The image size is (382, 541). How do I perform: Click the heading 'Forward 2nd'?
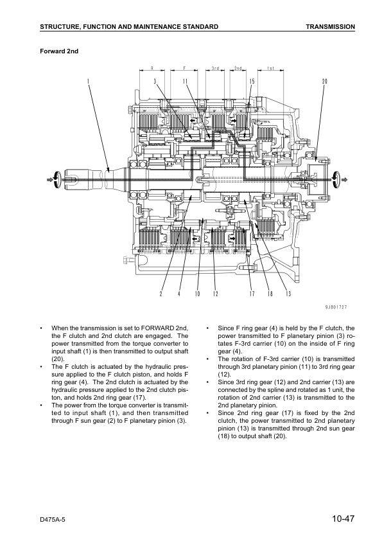59,51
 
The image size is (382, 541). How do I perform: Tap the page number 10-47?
343,519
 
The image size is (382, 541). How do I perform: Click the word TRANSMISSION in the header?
330,26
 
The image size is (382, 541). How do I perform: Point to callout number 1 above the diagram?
88,82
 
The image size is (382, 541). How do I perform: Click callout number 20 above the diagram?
324,82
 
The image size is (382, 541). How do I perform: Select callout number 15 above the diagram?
252,82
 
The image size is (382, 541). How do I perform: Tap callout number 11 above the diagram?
185,82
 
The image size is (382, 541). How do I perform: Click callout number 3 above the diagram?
155,82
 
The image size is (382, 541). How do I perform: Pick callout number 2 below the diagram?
161,294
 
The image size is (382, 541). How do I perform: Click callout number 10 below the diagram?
197,294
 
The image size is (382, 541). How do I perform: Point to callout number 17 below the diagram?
252,294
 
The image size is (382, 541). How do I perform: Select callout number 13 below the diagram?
288,294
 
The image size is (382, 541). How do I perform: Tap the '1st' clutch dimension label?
271,68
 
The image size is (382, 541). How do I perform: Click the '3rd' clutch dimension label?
215,68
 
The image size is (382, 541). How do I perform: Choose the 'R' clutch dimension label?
152,68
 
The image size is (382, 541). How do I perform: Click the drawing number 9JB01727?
336,307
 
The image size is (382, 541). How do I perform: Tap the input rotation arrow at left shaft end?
55,179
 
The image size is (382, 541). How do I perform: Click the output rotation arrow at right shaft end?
340,179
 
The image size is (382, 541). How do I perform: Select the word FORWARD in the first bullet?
157,328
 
